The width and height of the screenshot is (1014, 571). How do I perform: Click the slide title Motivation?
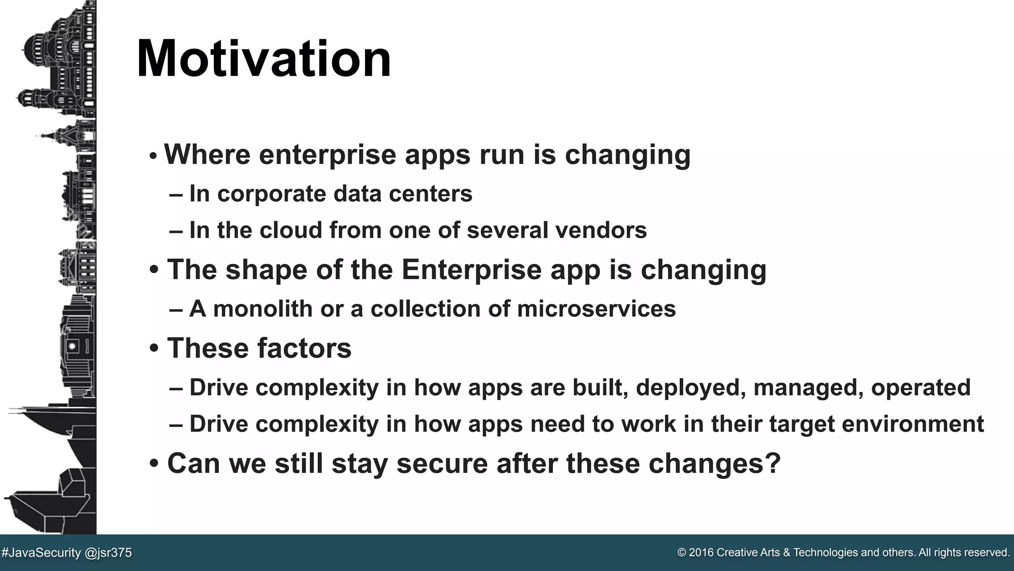click(263, 59)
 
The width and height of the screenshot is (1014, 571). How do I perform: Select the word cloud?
click(291, 230)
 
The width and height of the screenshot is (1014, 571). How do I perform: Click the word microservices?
click(596, 309)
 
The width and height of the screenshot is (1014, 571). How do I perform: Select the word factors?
click(304, 348)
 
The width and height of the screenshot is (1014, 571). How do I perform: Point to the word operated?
click(920, 388)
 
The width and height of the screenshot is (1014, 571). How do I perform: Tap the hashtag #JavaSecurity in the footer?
click(41, 553)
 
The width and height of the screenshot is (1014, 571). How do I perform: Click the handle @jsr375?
click(108, 553)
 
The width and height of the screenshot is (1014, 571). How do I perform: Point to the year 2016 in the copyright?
click(702, 553)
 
